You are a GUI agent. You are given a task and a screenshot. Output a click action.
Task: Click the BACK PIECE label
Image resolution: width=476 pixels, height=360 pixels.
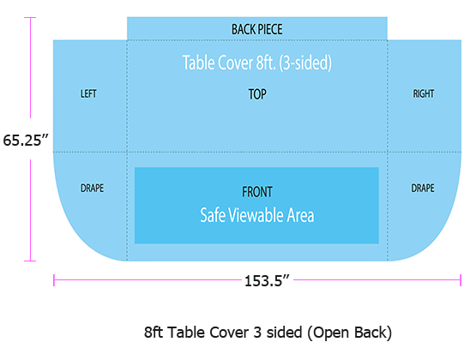(x=257, y=29)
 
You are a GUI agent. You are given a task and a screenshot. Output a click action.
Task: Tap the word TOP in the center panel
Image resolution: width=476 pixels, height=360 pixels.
(x=257, y=94)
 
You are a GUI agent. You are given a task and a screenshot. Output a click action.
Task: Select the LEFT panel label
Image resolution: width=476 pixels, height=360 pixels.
(x=88, y=93)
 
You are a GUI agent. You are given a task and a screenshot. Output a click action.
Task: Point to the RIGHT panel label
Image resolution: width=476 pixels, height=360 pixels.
(x=424, y=93)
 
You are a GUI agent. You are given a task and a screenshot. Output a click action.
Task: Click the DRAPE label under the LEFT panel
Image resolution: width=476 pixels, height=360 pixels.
(x=92, y=188)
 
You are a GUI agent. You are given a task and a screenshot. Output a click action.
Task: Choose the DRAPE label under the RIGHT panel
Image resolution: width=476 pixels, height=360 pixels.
(x=423, y=188)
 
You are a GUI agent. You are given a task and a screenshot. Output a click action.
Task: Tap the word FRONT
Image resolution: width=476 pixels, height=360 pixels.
(x=257, y=192)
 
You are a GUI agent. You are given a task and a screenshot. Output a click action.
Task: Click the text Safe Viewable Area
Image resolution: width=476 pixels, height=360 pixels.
(x=257, y=215)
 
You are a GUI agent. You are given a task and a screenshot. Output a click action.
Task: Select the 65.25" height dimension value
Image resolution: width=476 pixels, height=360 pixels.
(x=26, y=141)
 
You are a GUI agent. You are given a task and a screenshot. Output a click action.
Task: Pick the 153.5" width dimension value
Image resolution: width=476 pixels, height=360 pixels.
(x=267, y=281)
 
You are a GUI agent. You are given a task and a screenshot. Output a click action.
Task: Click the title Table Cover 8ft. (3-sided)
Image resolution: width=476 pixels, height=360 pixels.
(x=257, y=63)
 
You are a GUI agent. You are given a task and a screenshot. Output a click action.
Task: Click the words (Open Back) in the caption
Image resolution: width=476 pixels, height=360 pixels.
(x=349, y=333)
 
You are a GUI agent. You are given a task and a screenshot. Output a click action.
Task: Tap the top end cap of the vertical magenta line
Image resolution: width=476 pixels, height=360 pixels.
(x=30, y=18)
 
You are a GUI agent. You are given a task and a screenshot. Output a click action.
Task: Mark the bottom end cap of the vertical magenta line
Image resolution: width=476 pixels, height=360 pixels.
(x=30, y=261)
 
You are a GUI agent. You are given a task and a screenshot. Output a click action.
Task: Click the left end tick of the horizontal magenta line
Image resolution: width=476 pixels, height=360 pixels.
(x=54, y=280)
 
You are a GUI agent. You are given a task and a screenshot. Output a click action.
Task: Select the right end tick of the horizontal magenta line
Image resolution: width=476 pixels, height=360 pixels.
(x=461, y=280)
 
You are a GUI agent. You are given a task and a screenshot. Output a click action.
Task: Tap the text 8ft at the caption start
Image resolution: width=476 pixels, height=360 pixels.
(x=154, y=333)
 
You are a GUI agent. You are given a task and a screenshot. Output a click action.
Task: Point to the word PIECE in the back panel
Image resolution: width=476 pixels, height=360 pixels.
(x=270, y=29)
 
